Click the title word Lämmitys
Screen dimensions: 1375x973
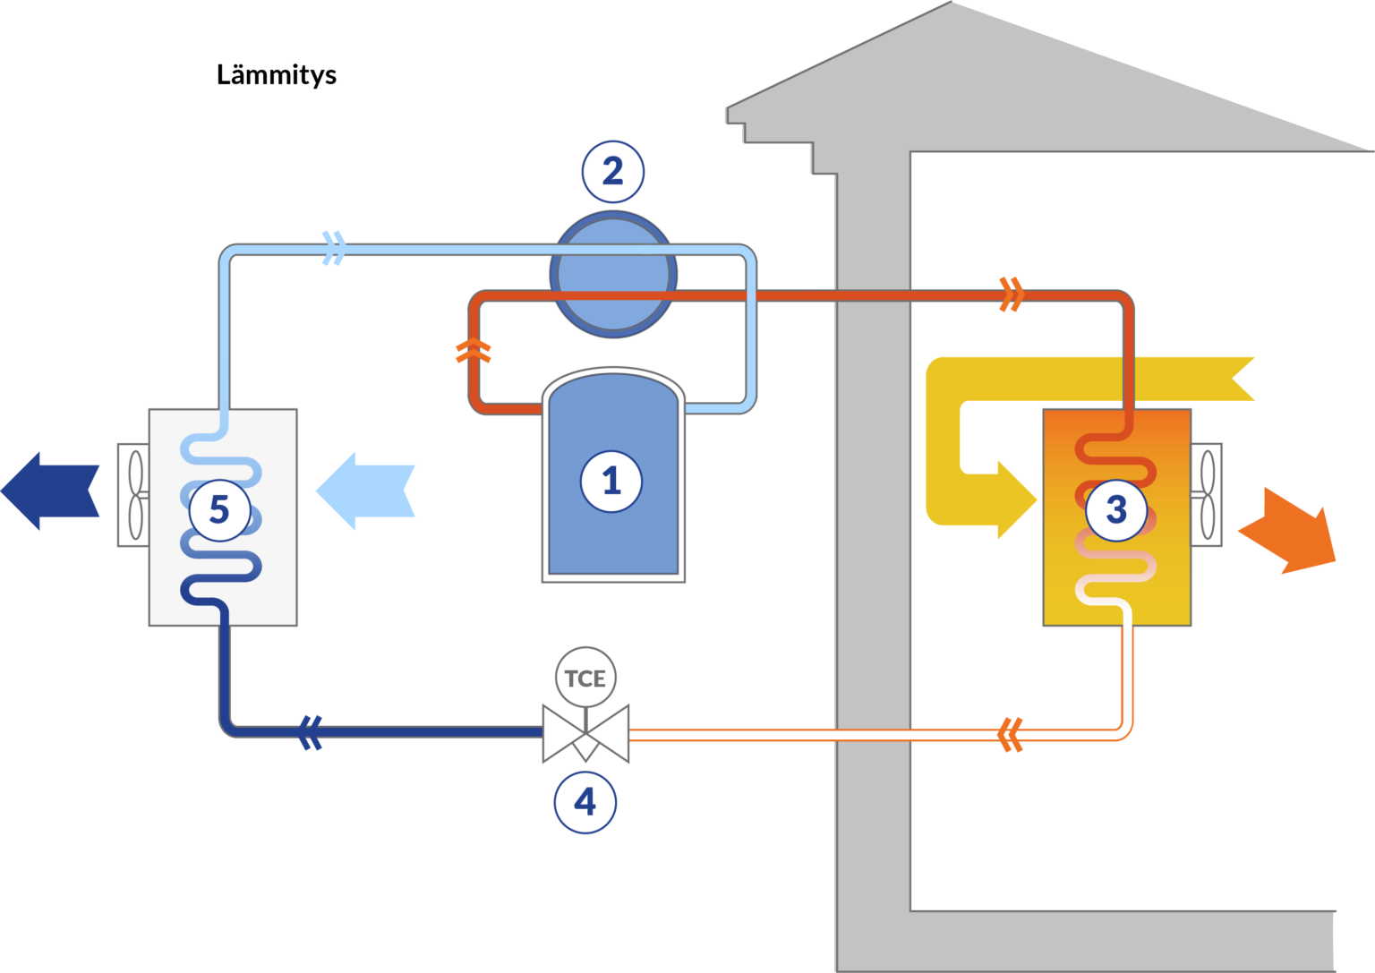click(x=277, y=75)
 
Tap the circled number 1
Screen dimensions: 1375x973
click(x=611, y=482)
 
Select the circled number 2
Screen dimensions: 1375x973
click(x=613, y=171)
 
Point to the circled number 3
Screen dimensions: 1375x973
click(x=1116, y=510)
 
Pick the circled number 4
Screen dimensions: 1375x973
click(x=585, y=802)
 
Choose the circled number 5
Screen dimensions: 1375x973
click(x=219, y=510)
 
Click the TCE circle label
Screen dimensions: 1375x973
click(x=585, y=678)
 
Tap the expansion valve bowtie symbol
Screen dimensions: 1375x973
click(x=585, y=734)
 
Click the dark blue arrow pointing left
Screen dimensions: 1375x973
click(x=50, y=491)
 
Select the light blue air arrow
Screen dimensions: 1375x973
click(x=365, y=491)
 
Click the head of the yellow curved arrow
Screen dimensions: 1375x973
click(x=1017, y=499)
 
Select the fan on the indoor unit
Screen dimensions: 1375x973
click(x=1207, y=495)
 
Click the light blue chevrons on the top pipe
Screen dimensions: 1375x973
click(x=334, y=249)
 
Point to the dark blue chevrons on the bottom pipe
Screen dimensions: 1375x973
click(x=310, y=733)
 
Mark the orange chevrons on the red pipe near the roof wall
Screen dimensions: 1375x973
click(x=1012, y=294)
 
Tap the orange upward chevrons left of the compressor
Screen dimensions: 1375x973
click(x=474, y=351)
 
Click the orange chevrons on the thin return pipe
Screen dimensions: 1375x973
click(x=1011, y=735)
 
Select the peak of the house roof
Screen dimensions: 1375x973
click(x=952, y=2)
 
